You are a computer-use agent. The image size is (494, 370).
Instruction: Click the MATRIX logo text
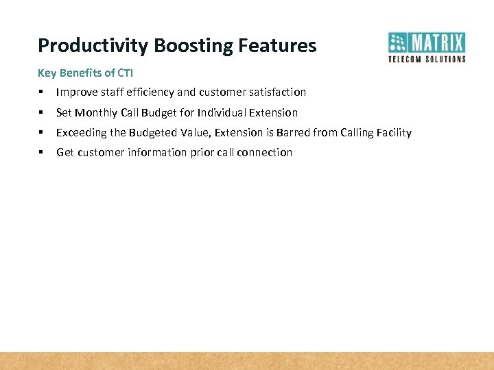coord(438,43)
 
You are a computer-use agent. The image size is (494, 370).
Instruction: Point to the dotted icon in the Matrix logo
coord(398,43)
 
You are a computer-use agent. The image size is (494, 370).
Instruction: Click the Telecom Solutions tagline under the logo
coord(427,59)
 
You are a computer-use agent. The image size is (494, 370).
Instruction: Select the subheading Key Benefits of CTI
coord(85,73)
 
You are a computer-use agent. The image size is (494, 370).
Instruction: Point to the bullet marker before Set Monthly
coord(42,112)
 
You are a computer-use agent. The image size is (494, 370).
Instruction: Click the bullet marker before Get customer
coord(42,152)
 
